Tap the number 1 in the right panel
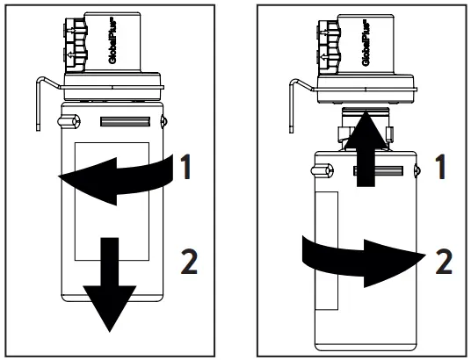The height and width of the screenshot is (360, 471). (444, 168)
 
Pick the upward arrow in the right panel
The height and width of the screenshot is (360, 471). (365, 155)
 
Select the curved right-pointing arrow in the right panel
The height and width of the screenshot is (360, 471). (360, 255)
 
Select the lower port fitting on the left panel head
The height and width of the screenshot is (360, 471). (72, 60)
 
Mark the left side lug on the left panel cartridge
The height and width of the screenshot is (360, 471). (74, 121)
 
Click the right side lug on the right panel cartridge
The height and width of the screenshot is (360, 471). (416, 164)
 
